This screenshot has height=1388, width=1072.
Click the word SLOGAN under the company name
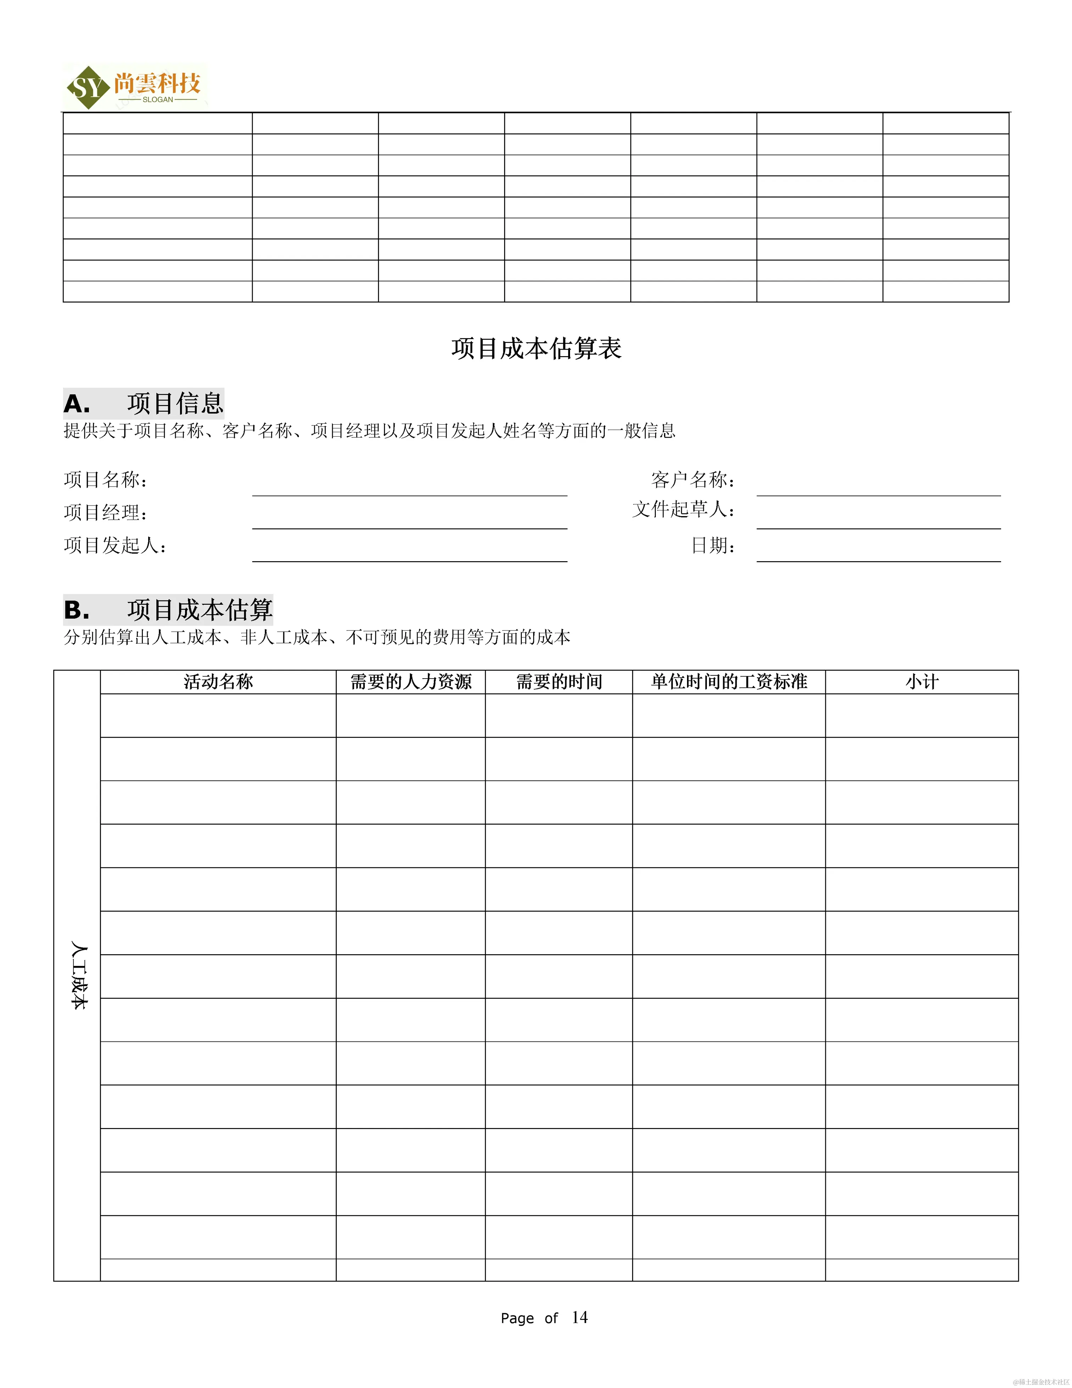(157, 100)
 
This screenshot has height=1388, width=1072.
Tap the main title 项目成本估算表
(536, 348)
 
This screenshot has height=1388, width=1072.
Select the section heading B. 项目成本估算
(168, 609)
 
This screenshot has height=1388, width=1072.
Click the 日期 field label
(713, 545)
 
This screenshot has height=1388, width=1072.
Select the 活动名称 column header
(218, 682)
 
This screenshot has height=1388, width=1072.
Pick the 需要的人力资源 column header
(411, 682)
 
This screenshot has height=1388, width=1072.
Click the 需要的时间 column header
(559, 682)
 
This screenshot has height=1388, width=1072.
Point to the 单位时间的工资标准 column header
(729, 682)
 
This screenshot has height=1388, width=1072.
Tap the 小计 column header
(921, 682)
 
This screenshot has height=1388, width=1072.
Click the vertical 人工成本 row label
(78, 975)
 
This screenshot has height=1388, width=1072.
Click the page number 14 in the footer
(579, 1317)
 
